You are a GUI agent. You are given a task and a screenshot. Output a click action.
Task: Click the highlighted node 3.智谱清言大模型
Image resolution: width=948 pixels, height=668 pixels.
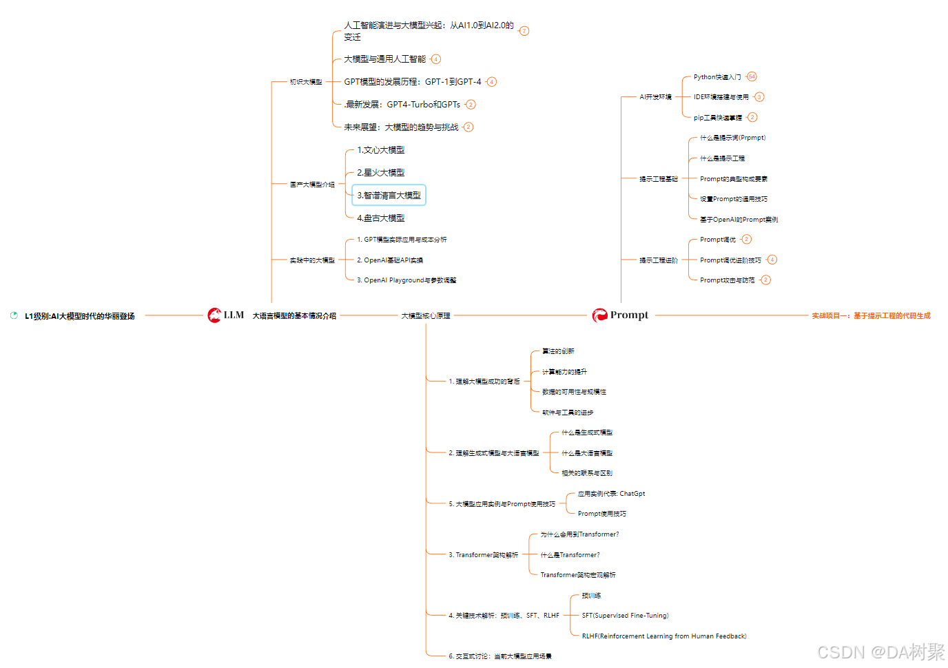click(389, 196)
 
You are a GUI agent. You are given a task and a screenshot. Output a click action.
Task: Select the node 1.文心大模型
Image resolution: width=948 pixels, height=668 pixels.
click(380, 150)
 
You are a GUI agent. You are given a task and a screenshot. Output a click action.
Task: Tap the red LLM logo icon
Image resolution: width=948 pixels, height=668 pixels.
click(215, 315)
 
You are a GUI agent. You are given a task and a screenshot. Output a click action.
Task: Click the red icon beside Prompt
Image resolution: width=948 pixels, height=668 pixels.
click(599, 315)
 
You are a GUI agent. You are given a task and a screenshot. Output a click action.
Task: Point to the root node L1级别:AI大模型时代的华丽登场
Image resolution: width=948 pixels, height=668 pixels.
click(79, 316)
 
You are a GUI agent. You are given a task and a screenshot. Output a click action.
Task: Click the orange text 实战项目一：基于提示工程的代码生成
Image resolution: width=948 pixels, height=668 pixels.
click(871, 316)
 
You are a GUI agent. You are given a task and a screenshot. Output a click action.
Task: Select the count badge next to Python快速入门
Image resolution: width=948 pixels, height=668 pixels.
click(752, 76)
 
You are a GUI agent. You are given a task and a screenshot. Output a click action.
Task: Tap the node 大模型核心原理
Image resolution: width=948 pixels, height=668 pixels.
click(426, 316)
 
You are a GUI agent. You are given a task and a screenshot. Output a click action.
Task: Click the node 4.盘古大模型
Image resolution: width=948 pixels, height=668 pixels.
click(380, 218)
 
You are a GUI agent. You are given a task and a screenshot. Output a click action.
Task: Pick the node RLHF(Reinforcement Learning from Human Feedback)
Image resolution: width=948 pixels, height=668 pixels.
click(663, 636)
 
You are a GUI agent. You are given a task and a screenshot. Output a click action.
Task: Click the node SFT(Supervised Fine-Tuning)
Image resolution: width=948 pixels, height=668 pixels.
click(625, 616)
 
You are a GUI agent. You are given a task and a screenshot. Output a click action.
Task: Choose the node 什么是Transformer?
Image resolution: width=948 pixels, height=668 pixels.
click(570, 555)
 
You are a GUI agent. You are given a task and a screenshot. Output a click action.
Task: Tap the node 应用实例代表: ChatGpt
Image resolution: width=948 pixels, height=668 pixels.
click(611, 494)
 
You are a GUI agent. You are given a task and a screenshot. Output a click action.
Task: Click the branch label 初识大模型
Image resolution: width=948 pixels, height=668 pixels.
click(306, 82)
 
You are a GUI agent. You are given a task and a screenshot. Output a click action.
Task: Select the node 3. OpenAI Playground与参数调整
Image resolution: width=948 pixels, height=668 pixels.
click(406, 280)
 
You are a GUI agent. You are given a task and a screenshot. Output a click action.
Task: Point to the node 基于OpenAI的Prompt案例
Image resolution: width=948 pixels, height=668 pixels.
click(739, 220)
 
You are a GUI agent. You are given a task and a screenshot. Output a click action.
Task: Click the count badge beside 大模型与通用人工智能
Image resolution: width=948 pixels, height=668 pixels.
click(435, 59)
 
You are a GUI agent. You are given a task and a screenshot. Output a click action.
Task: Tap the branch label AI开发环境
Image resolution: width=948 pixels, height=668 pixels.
click(655, 97)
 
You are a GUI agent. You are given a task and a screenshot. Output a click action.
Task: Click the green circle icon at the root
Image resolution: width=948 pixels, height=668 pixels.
click(14, 315)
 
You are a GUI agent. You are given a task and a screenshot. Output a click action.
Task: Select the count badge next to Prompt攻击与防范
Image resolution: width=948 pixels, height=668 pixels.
click(765, 280)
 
